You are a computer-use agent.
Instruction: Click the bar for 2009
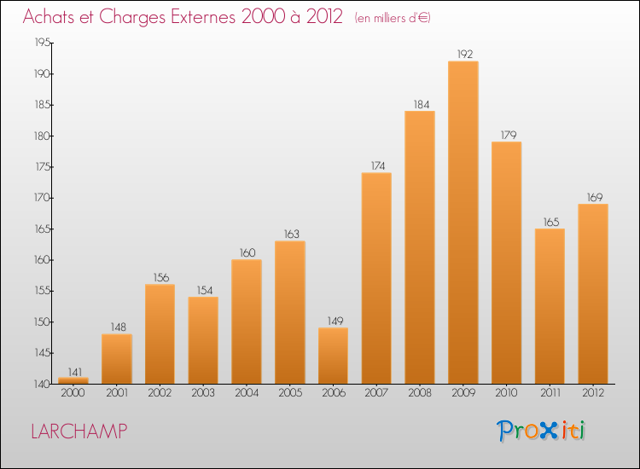(x=463, y=223)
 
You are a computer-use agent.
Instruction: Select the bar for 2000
(x=73, y=381)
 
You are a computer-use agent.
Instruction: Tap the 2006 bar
(x=333, y=356)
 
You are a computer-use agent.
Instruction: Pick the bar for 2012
(x=593, y=294)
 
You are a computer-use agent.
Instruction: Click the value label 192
(x=465, y=55)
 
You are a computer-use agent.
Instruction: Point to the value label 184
(x=422, y=105)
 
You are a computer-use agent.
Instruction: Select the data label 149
(x=335, y=321)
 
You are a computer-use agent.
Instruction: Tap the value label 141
(x=75, y=373)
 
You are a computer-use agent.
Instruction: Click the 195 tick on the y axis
(x=42, y=43)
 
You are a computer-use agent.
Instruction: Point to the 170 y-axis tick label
(x=42, y=198)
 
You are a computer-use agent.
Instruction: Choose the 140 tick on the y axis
(x=42, y=384)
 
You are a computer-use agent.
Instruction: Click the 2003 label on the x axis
(x=203, y=393)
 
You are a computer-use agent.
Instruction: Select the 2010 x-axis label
(x=507, y=393)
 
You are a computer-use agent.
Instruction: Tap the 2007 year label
(x=376, y=393)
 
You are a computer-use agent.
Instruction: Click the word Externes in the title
(x=203, y=17)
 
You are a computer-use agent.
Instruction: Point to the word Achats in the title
(x=49, y=17)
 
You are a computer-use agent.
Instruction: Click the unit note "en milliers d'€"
(x=393, y=18)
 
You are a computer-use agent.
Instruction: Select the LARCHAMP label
(x=79, y=431)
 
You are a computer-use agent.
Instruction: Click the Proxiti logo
(x=541, y=431)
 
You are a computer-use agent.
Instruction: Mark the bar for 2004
(x=247, y=321)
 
